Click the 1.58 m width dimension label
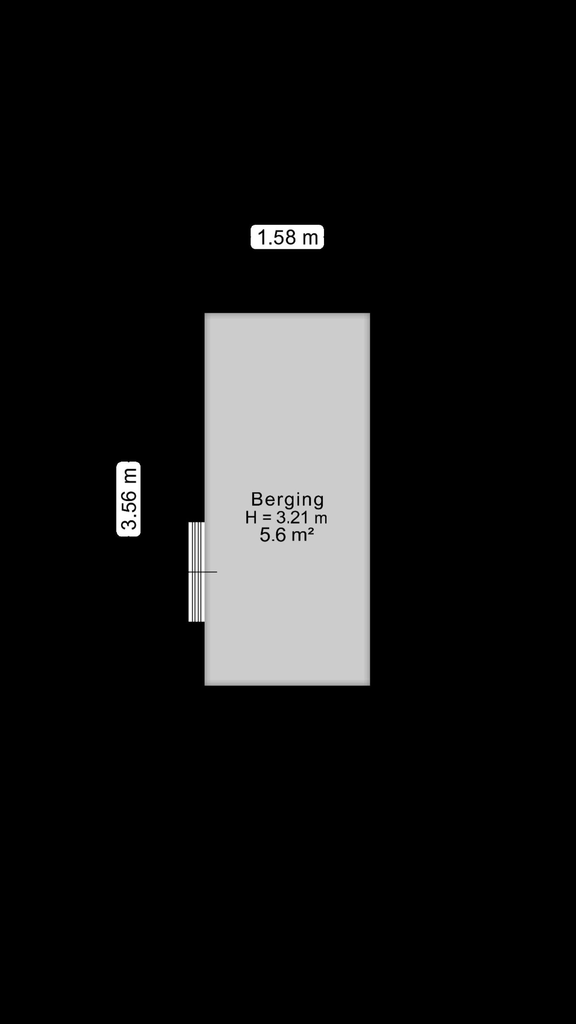(x=287, y=237)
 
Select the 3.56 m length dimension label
(x=128, y=499)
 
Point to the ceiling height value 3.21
(x=292, y=518)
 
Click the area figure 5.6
(x=273, y=535)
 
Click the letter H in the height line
(x=251, y=518)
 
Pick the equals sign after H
(x=267, y=518)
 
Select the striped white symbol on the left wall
(x=196, y=572)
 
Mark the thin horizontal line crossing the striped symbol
(x=202, y=572)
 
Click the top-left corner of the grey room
(x=205, y=313)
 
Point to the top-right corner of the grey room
(x=370, y=313)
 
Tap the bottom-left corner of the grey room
(x=205, y=685)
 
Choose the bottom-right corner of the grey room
(x=370, y=685)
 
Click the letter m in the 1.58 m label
(x=310, y=238)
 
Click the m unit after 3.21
(x=321, y=519)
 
